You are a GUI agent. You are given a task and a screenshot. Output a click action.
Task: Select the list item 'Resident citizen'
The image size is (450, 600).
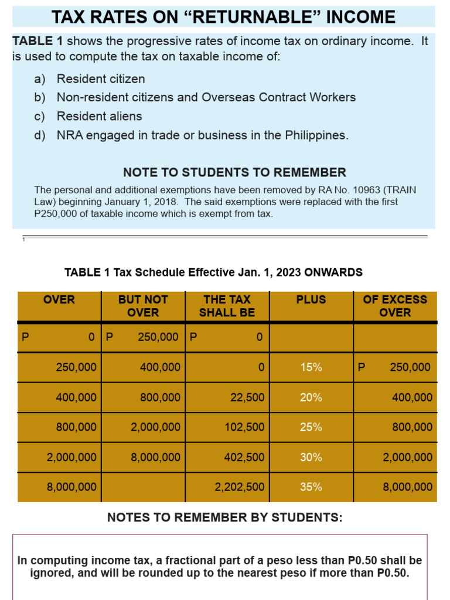(100, 79)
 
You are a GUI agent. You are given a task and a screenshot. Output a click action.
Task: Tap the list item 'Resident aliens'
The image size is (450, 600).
(99, 117)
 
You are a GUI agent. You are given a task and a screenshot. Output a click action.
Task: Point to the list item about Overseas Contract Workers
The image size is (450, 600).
(206, 98)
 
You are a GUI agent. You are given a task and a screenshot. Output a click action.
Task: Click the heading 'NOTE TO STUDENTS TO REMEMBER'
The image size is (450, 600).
(234, 173)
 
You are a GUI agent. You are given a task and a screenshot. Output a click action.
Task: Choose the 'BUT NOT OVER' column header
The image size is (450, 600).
(143, 306)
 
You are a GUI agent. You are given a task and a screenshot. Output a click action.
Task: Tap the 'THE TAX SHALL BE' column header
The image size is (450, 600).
(227, 306)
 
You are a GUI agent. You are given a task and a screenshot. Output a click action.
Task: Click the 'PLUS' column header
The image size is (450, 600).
(311, 299)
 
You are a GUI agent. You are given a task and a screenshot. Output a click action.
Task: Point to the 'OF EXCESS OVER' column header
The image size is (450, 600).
(395, 306)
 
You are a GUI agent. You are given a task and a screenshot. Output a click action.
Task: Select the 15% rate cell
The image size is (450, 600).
(311, 367)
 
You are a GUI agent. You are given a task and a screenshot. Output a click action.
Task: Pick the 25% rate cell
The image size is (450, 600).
(311, 428)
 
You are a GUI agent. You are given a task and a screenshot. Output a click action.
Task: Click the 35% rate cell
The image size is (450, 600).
(311, 487)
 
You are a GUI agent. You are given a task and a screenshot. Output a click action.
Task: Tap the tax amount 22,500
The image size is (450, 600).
(247, 398)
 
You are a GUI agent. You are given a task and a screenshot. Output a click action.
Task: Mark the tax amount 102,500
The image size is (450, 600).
(244, 428)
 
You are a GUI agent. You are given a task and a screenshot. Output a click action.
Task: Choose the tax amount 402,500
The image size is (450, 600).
(244, 458)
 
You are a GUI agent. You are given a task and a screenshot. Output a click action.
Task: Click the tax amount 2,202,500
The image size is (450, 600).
(240, 487)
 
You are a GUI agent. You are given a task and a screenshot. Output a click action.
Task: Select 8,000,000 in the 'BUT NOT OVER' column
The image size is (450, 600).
(156, 458)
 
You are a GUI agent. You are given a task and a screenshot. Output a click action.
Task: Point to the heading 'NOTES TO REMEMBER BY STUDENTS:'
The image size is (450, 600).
(225, 518)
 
